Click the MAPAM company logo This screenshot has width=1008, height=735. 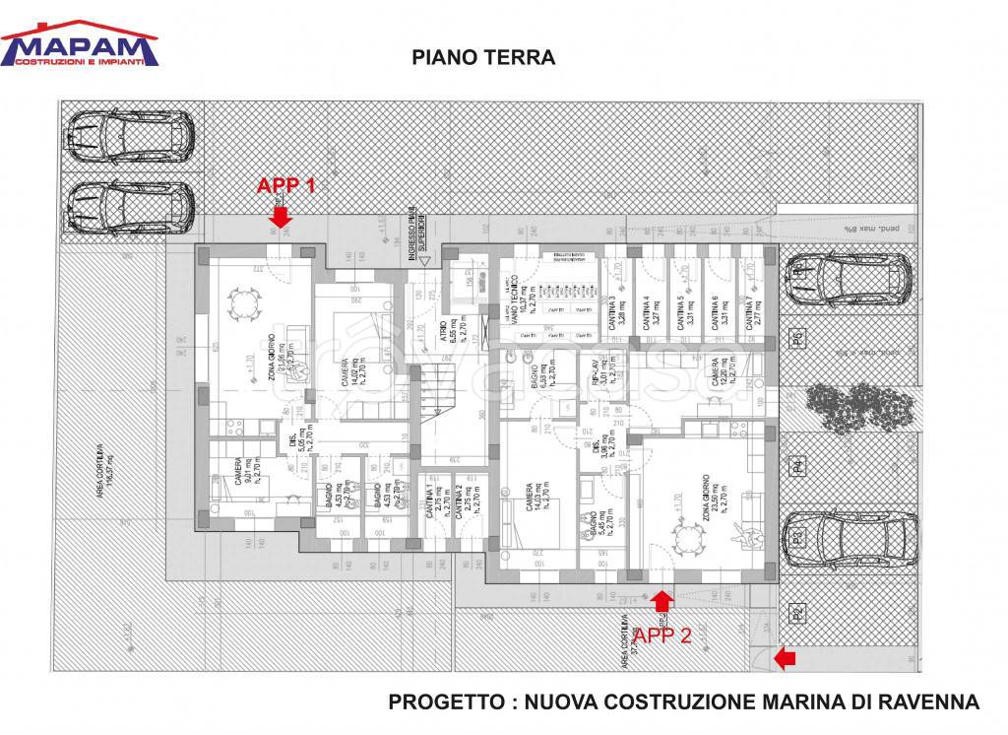(x=80, y=44)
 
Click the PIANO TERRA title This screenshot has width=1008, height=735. (x=483, y=58)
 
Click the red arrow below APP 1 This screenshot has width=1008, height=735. (x=282, y=214)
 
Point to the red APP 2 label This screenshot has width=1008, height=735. (x=661, y=635)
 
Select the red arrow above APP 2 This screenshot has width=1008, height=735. (x=661, y=600)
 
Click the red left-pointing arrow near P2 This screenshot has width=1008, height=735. (x=785, y=658)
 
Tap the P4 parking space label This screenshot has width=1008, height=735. (x=798, y=466)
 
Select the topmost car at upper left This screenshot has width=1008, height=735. (x=131, y=135)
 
